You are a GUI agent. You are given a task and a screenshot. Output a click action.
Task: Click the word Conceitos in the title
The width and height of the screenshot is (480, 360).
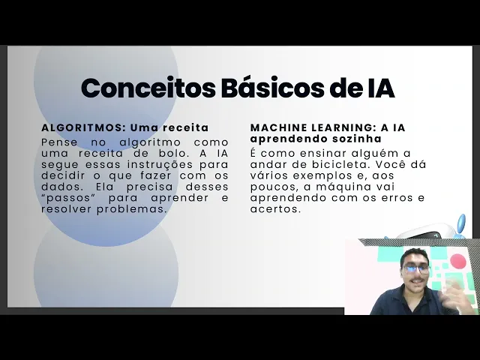click(x=148, y=88)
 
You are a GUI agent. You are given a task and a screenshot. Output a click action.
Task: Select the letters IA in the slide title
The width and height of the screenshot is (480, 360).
click(x=380, y=88)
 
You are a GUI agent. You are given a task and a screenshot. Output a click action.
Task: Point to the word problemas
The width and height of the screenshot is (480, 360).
click(x=132, y=209)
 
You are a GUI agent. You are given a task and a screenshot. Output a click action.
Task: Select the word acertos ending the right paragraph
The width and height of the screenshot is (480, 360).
click(x=274, y=209)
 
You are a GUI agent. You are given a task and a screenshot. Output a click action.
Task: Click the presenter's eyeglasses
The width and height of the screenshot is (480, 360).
click(x=416, y=269)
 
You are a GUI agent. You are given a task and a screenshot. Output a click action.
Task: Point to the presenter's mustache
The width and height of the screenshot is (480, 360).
click(x=417, y=280)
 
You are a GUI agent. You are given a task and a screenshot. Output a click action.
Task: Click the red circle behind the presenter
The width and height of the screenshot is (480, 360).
click(x=458, y=262)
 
